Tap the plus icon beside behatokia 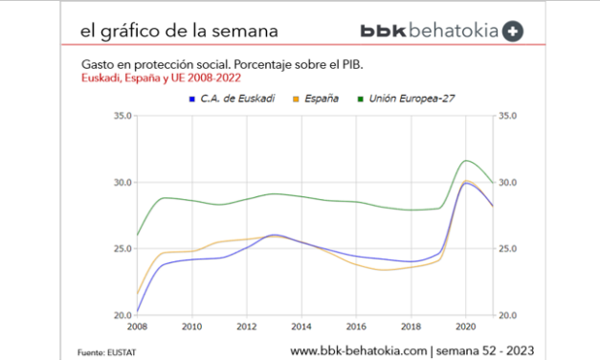click(513, 31)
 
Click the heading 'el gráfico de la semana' click(180, 31)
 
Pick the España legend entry click(319, 99)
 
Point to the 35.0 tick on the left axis click(122, 116)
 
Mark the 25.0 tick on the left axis click(122, 249)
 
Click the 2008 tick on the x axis click(138, 326)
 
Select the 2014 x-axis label click(301, 326)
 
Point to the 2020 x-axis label click(466, 326)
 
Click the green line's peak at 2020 click(467, 160)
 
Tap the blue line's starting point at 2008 click(138, 311)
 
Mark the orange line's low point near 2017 click(384, 270)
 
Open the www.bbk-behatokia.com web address click(358, 349)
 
